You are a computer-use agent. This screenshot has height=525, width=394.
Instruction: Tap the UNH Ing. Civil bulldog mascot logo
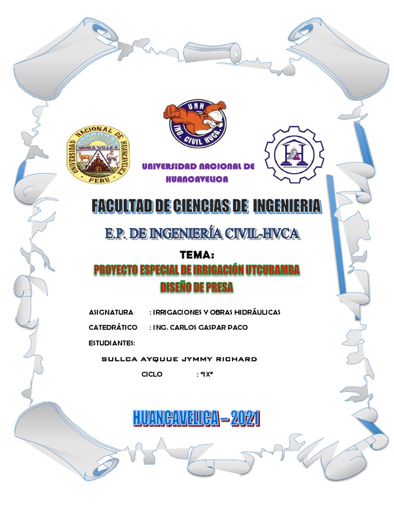[x=194, y=124]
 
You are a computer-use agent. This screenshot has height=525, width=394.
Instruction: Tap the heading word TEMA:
[x=197, y=255]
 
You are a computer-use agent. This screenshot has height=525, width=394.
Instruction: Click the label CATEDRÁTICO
[x=113, y=327]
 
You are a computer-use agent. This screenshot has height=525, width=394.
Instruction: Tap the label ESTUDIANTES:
[x=112, y=342]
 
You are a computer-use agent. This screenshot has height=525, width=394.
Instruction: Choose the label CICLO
[x=152, y=374]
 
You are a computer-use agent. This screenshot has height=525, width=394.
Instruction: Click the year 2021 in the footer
[x=245, y=419]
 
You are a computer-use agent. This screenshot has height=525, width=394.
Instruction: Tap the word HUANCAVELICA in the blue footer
[x=175, y=419]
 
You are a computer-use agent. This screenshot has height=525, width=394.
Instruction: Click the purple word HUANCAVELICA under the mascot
[x=198, y=179]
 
